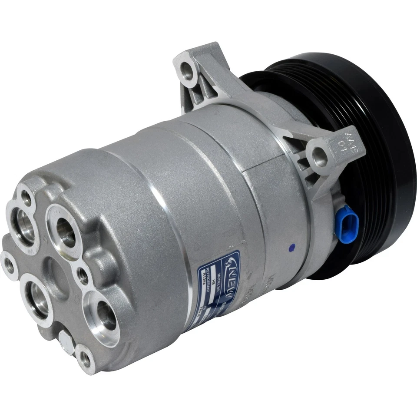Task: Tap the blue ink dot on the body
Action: [x=291, y=248]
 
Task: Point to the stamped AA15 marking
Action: [x=347, y=142]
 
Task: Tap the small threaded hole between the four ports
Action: [x=82, y=273]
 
